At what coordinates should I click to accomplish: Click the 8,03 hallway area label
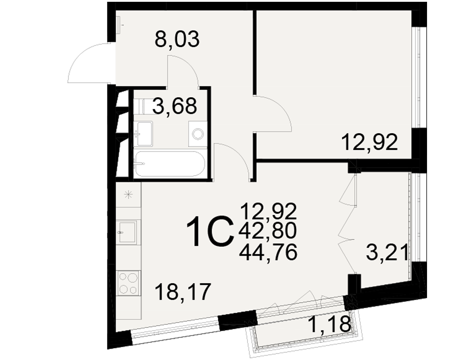[177, 40]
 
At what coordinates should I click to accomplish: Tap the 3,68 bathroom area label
[175, 106]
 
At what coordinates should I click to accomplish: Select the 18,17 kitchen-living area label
[183, 292]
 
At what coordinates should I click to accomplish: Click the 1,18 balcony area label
[329, 324]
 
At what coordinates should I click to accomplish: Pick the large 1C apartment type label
[209, 231]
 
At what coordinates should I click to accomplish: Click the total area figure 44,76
[268, 252]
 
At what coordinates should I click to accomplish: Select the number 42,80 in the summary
[268, 231]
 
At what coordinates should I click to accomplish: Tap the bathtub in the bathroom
[170, 164]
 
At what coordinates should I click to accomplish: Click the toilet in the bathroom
[141, 106]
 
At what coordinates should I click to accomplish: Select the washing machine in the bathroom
[198, 134]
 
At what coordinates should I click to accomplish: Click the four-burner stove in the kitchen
[128, 283]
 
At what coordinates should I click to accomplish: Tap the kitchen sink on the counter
[128, 232]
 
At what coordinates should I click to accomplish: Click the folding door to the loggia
[346, 224]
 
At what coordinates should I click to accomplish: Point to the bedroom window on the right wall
[415, 77]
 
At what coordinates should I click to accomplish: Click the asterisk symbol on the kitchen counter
[128, 195]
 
